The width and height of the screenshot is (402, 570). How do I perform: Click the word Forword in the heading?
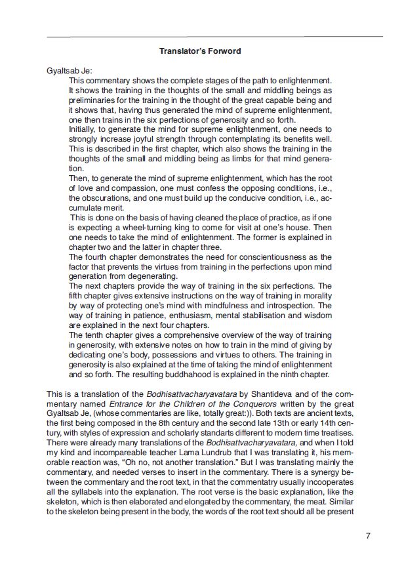(226, 51)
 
